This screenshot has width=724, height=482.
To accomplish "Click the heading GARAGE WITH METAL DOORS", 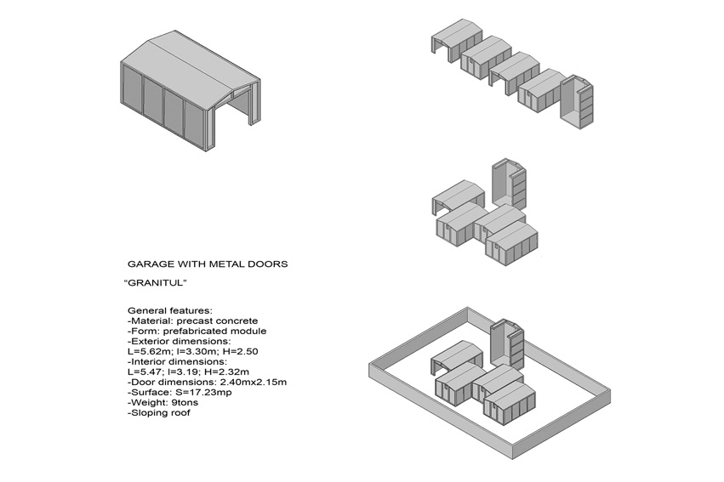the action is [208, 264].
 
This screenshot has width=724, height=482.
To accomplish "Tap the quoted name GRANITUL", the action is [156, 283].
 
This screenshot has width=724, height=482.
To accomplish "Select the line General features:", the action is [170, 311].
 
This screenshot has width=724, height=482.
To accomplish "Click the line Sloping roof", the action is [159, 412].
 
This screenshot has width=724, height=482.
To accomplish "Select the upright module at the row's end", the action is [576, 101].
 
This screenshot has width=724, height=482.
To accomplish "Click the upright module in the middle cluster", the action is [509, 184].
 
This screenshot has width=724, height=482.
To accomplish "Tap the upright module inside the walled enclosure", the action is [507, 343].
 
